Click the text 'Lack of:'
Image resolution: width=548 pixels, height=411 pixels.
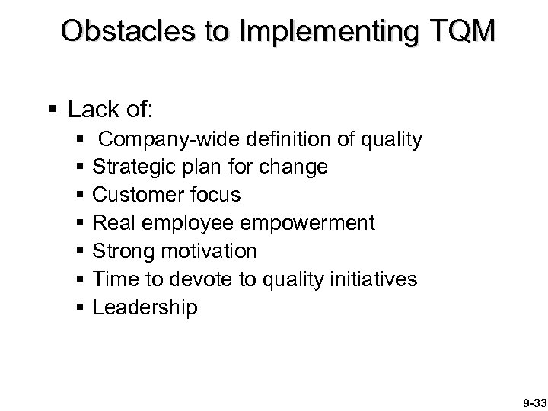point(111,110)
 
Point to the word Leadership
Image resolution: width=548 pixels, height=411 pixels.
point(145,307)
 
